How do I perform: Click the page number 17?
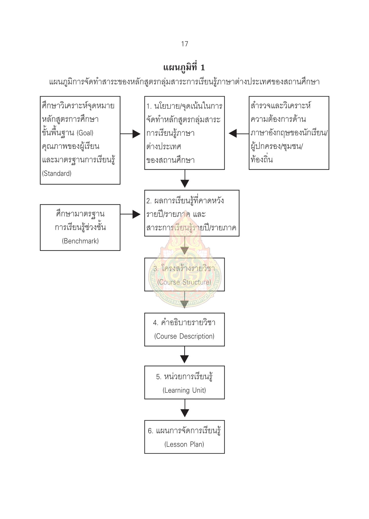coord(184,44)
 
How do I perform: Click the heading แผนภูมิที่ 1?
coord(184,67)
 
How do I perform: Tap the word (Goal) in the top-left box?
coord(85,133)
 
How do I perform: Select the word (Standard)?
coord(57,174)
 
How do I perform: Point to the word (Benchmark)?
coord(80,241)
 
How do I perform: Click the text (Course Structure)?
coord(184,282)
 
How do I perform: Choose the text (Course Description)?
coord(184,336)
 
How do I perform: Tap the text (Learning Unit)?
coord(184,390)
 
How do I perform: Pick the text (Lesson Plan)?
coord(184,444)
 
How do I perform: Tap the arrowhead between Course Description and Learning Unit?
coord(184,359)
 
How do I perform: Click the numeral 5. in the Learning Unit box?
coord(159,377)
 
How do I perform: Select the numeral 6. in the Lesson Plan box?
coord(151,431)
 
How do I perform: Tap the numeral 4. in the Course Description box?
coord(156,323)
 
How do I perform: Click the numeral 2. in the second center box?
coord(149,201)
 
